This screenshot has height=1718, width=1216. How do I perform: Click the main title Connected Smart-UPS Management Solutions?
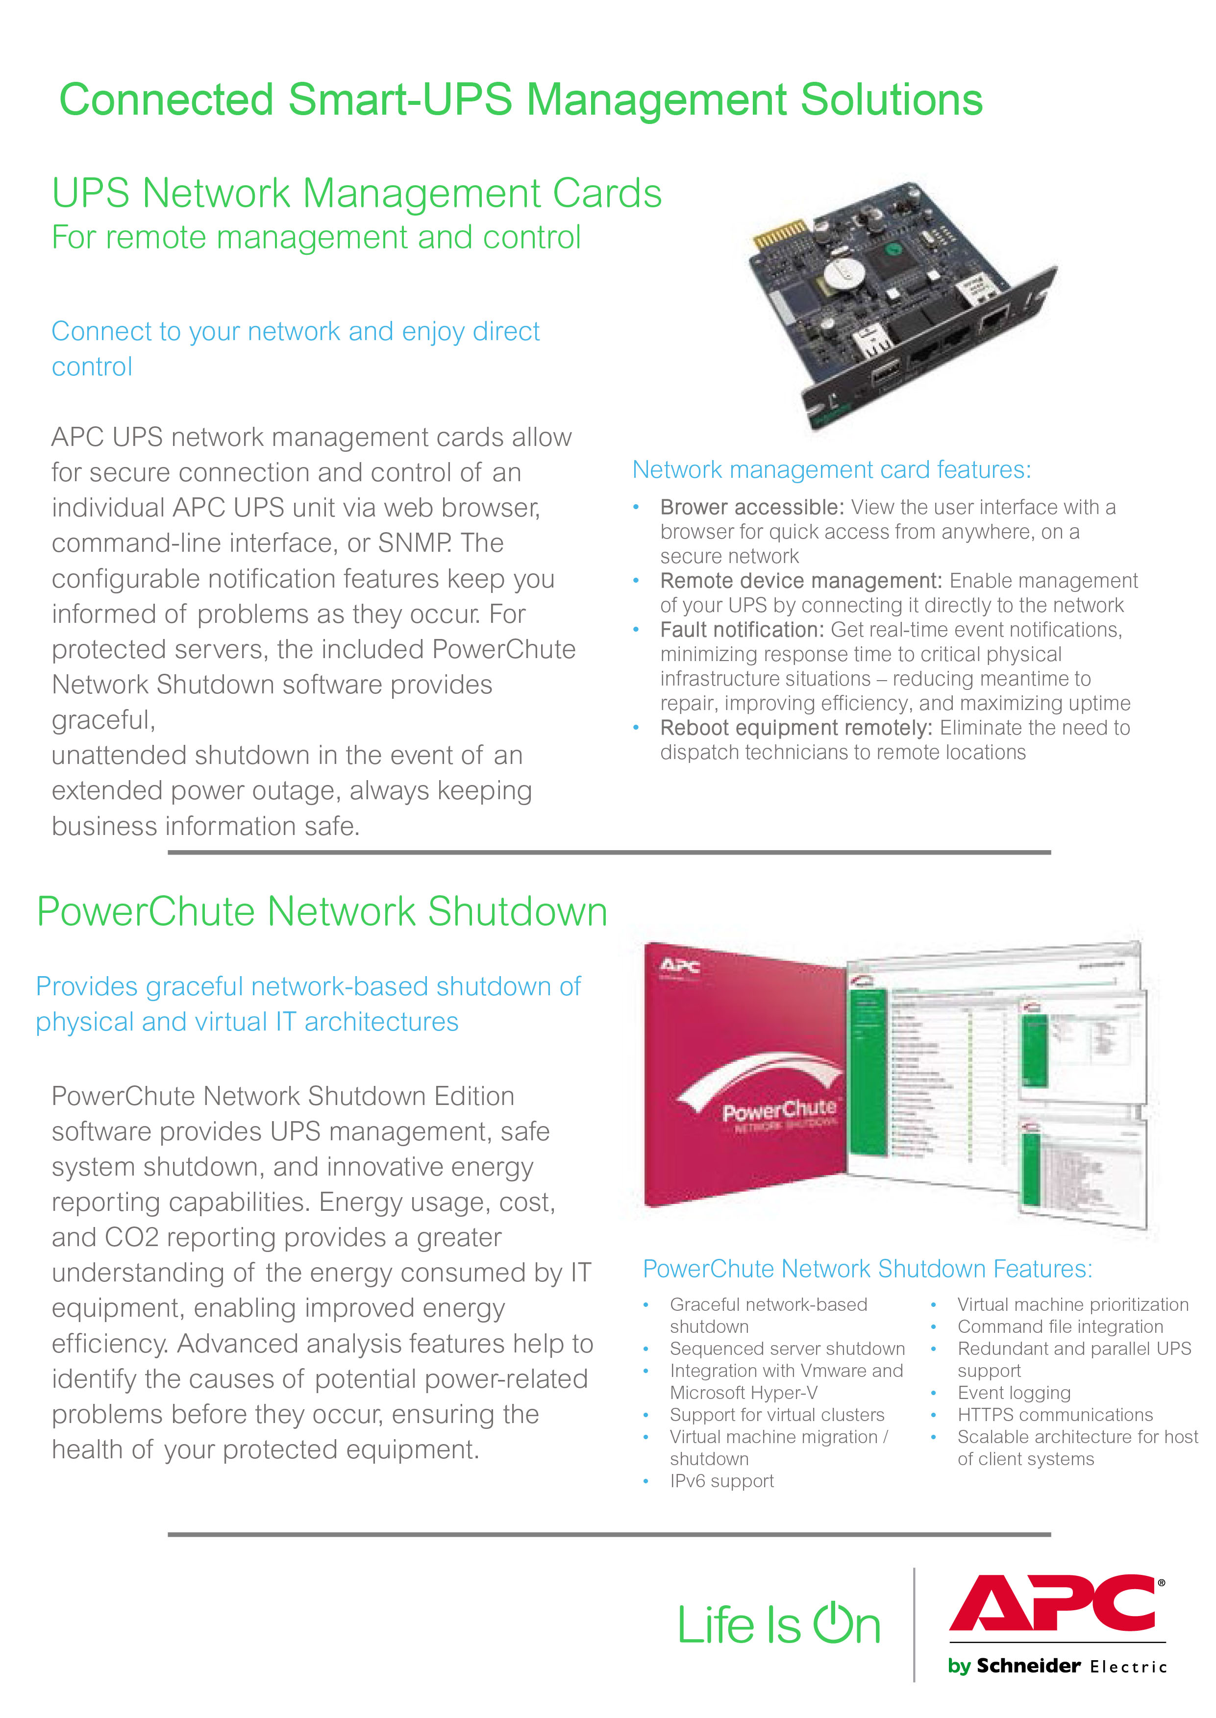521,99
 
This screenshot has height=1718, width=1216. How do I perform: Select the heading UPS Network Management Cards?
356,193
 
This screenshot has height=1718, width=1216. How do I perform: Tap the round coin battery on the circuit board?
845,273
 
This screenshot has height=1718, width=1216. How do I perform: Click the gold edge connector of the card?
780,235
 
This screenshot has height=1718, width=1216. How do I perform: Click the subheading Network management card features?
831,469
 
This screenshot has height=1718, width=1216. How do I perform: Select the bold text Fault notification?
741,630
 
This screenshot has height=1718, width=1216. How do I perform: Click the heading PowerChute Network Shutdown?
322,912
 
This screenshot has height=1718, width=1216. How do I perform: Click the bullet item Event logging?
1014,1392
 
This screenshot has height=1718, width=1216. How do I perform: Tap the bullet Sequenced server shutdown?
787,1348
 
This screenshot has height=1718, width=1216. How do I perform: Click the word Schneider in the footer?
1028,1666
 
